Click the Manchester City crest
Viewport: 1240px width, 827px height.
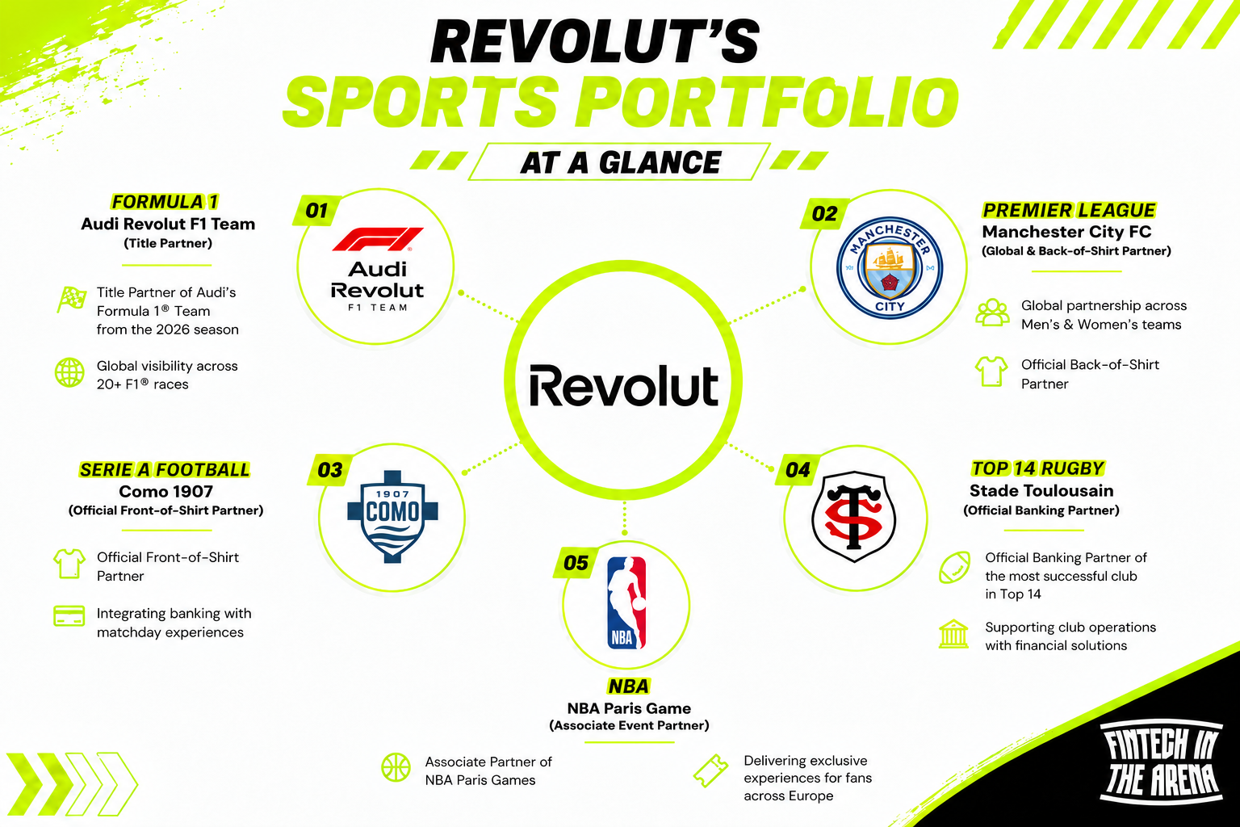889,267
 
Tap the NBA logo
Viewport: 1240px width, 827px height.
626,602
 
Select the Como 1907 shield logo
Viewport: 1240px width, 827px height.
392,517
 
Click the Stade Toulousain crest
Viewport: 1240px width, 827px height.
853,516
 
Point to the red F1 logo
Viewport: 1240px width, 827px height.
378,239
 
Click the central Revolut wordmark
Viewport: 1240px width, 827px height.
624,385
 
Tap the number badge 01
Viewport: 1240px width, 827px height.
316,211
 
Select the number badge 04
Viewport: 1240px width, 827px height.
798,470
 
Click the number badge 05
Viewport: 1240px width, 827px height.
576,563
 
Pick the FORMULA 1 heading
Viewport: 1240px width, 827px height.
165,202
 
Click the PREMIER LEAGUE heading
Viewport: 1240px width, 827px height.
1069,210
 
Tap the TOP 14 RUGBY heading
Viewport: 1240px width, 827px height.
1038,468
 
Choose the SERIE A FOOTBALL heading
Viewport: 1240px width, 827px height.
165,470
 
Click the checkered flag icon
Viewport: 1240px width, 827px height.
71,300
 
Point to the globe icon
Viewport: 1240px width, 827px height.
69,373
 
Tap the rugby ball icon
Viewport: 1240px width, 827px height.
954,567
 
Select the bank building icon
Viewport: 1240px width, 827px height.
953,634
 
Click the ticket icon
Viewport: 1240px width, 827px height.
710,770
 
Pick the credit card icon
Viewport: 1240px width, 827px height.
69,615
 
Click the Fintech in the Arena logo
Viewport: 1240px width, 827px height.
1161,762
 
